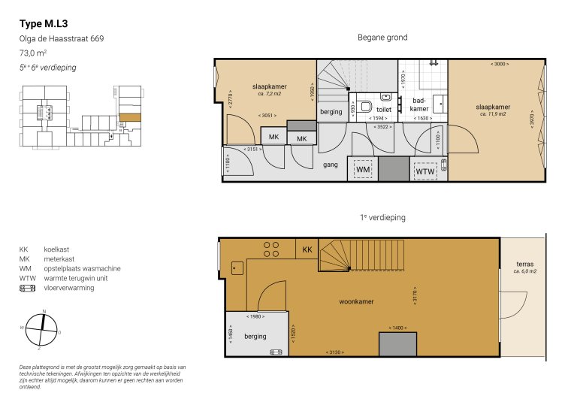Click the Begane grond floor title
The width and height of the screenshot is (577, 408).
point(382,38)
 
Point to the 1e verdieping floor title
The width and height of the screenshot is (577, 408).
point(382,217)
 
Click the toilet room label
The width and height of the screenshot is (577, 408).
point(362,109)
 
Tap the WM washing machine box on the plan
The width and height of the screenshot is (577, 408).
point(362,171)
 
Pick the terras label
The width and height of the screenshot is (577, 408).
point(525,264)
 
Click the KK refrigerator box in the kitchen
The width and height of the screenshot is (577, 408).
point(307,249)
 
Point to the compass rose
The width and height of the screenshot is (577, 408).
point(44,328)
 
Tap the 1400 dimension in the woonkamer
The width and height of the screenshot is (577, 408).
point(397,328)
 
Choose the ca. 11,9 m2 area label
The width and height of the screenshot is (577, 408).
point(493,114)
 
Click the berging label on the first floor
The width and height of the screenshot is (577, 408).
point(255,336)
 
